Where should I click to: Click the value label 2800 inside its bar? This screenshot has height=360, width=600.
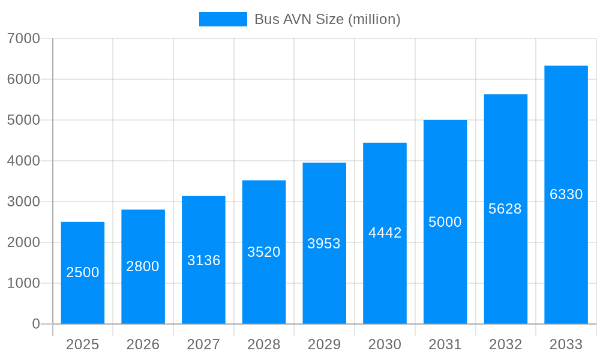click(143, 266)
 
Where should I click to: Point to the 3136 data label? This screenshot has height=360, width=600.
click(203, 260)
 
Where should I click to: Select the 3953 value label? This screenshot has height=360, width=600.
click(324, 244)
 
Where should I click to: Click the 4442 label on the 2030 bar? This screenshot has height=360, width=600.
click(385, 233)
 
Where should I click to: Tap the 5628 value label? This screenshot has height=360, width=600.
click(505, 209)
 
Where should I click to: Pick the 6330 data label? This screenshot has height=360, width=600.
click(566, 194)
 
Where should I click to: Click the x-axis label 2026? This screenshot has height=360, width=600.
click(143, 344)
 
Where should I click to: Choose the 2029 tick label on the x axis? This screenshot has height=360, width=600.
click(324, 344)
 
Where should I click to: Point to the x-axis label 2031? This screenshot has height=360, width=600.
click(445, 344)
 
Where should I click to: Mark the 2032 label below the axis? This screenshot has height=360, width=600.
click(505, 344)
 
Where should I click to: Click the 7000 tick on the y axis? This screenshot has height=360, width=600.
click(23, 38)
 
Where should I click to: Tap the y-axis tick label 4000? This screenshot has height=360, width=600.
click(23, 161)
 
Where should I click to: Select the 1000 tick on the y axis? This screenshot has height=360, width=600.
click(23, 283)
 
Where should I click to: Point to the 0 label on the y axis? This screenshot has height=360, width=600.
click(36, 324)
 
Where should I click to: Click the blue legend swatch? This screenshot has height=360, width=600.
click(223, 19)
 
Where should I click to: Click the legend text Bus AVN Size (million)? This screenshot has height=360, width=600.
click(327, 19)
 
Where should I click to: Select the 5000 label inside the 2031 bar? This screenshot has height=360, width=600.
click(445, 222)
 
